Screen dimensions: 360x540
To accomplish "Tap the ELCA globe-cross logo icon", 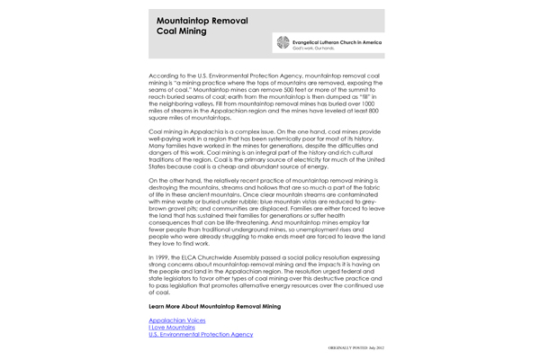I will tap(283, 42).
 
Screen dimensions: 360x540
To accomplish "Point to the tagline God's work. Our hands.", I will tap(311, 48).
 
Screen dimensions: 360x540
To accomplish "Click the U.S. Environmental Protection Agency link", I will tap(201, 334).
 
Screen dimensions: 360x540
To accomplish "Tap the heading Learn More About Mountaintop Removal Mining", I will tap(214, 307).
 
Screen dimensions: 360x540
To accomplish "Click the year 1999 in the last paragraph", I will tap(163, 257).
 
